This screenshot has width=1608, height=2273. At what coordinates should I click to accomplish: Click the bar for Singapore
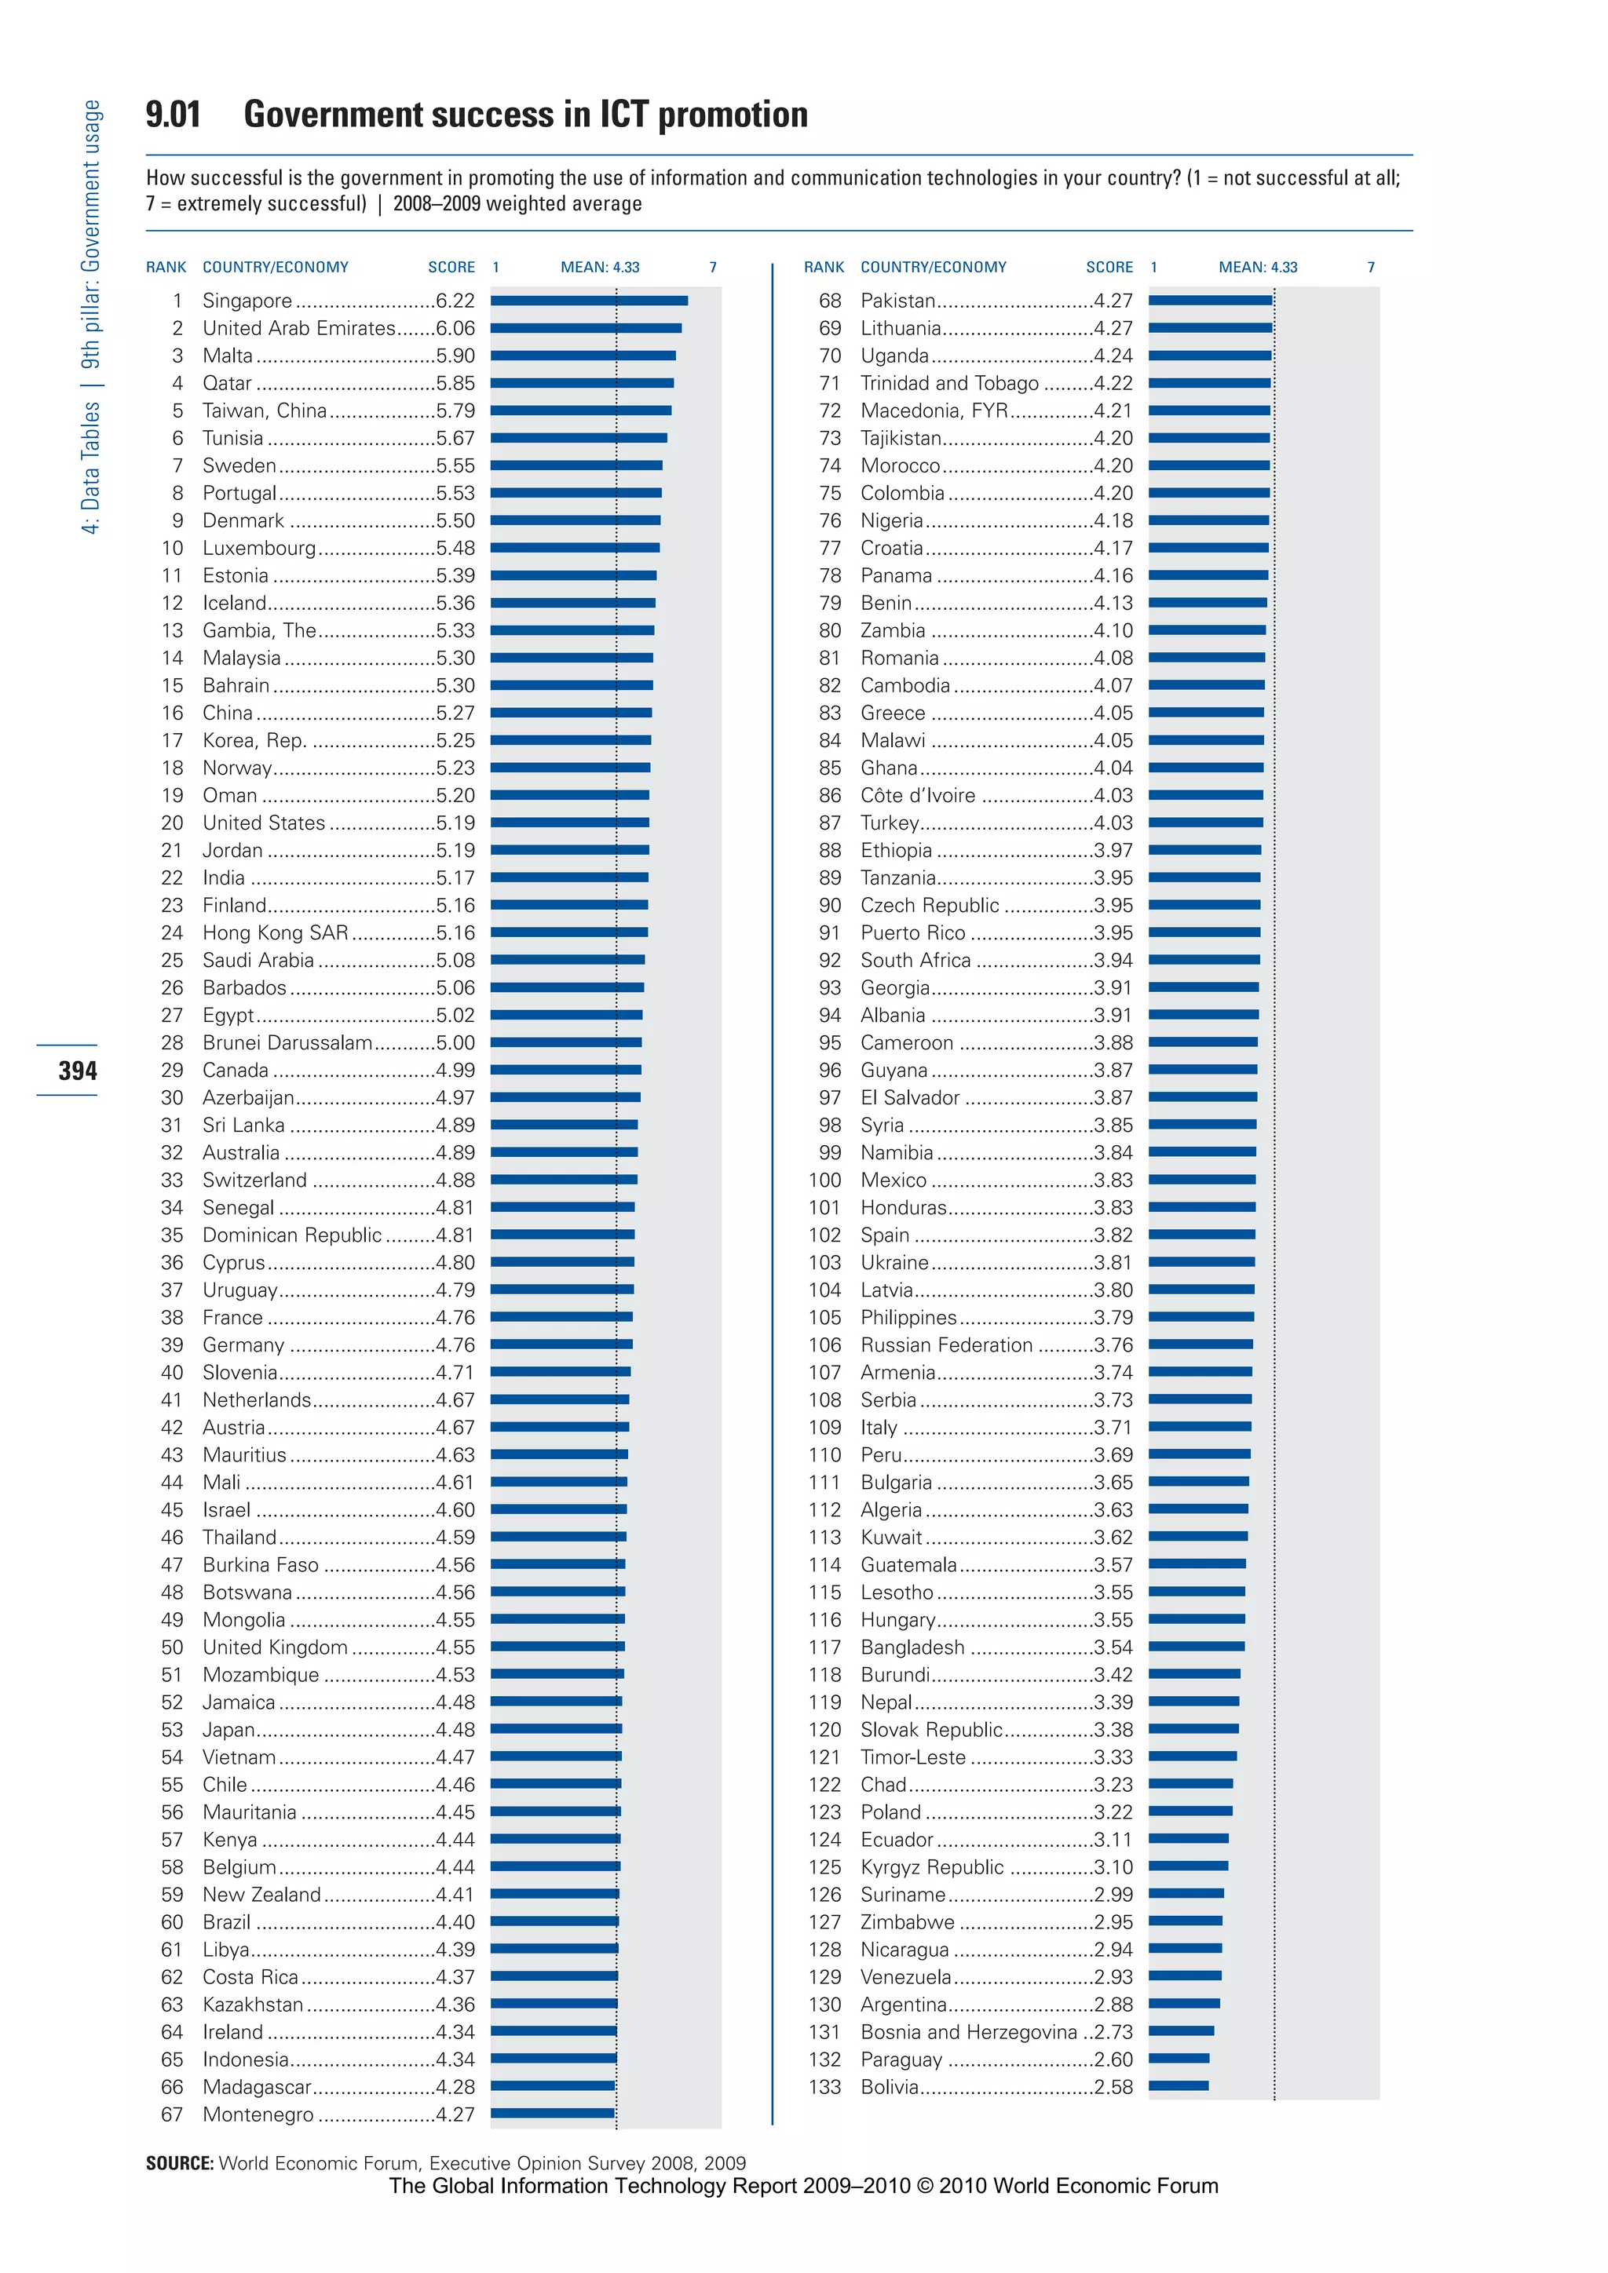click(x=588, y=300)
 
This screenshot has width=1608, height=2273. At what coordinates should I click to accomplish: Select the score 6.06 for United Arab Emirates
click(x=455, y=327)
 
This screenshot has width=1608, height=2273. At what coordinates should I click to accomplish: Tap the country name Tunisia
click(x=232, y=438)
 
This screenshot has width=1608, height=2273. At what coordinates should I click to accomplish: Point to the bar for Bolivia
click(x=1179, y=2086)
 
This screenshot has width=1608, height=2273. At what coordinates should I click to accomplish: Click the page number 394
click(x=77, y=1070)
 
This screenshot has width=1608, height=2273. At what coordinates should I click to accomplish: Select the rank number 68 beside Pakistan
click(x=830, y=300)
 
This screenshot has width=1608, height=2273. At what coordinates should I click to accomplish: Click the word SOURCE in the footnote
click(x=179, y=2163)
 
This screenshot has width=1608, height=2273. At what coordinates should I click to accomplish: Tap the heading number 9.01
click(x=174, y=115)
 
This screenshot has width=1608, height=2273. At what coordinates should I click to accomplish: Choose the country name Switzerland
click(x=254, y=1180)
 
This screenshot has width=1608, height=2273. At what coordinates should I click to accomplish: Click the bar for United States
click(x=569, y=823)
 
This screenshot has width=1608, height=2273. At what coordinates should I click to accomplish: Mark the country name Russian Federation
click(x=945, y=1344)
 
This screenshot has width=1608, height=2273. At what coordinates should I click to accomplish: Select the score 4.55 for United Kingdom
click(x=455, y=1647)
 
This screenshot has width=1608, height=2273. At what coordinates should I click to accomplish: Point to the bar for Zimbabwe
click(x=1186, y=1921)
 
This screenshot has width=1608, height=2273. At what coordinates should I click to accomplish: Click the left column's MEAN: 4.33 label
click(x=600, y=268)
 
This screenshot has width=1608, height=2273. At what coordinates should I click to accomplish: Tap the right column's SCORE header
click(x=1109, y=268)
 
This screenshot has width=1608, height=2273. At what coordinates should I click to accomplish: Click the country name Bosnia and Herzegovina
click(x=967, y=2031)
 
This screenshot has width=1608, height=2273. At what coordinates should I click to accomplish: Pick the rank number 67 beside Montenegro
click(x=172, y=2114)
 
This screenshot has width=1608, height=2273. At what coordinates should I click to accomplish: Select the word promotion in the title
click(x=733, y=115)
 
